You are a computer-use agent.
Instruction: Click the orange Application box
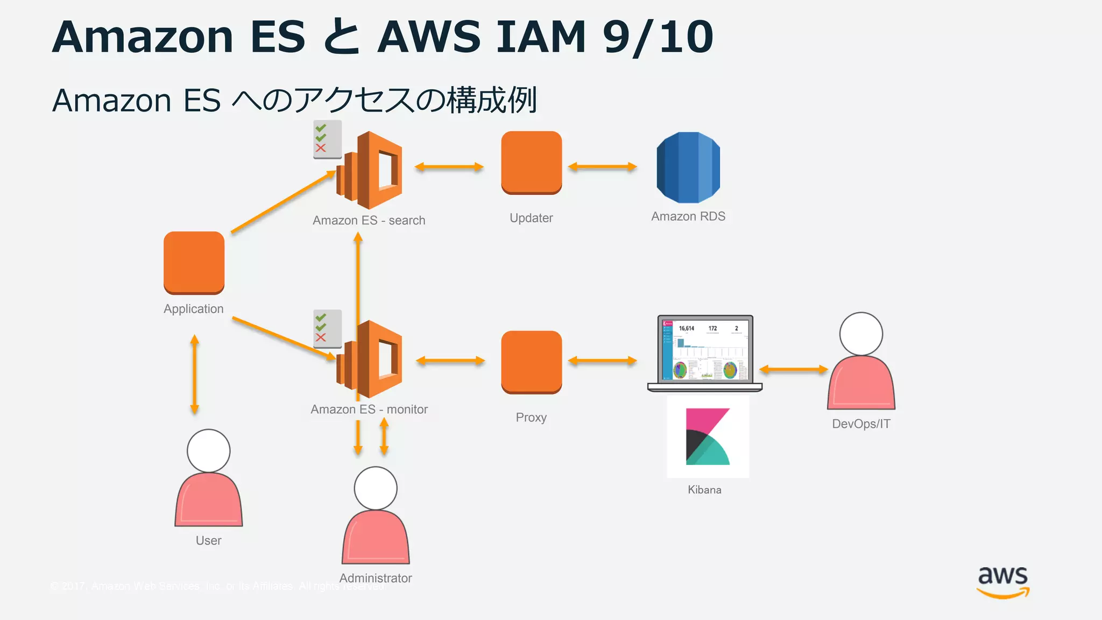pyautogui.click(x=194, y=263)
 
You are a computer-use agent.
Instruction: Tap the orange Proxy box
pyautogui.click(x=531, y=362)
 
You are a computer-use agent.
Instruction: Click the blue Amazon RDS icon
pyautogui.click(x=688, y=167)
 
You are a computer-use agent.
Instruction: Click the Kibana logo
pyautogui.click(x=708, y=436)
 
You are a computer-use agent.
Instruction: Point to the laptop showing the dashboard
pyautogui.click(x=704, y=353)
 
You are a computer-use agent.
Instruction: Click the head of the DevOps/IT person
pyautogui.click(x=861, y=334)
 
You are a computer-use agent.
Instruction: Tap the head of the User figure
pyautogui.click(x=208, y=450)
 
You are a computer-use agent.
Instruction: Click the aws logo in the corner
pyautogui.click(x=1003, y=582)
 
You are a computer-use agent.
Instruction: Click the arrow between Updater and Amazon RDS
pyautogui.click(x=602, y=167)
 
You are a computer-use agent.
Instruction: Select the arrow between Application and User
pyautogui.click(x=195, y=375)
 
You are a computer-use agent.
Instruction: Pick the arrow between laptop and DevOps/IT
pyautogui.click(x=793, y=369)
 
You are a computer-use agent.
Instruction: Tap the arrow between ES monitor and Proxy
pyautogui.click(x=450, y=361)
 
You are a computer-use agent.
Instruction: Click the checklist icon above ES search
pyautogui.click(x=327, y=139)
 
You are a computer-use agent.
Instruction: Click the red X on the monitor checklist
pyautogui.click(x=321, y=337)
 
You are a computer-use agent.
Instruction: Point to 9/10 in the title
pyautogui.click(x=658, y=37)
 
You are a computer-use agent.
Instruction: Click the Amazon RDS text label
pyautogui.click(x=688, y=216)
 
